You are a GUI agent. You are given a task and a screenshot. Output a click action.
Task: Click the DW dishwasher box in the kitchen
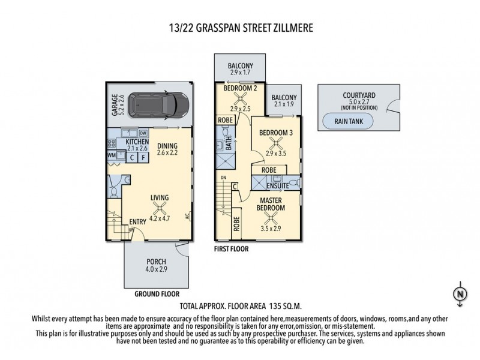pyautogui.click(x=143, y=133)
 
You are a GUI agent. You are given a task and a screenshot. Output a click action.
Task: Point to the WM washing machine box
pyautogui.click(x=111, y=155)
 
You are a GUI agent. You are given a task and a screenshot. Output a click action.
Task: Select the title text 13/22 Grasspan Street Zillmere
pyautogui.click(x=240, y=28)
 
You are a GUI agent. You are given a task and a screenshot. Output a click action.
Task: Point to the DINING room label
pyautogui.click(x=167, y=145)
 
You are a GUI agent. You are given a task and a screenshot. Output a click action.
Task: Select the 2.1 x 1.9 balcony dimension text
pyautogui.click(x=284, y=104)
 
